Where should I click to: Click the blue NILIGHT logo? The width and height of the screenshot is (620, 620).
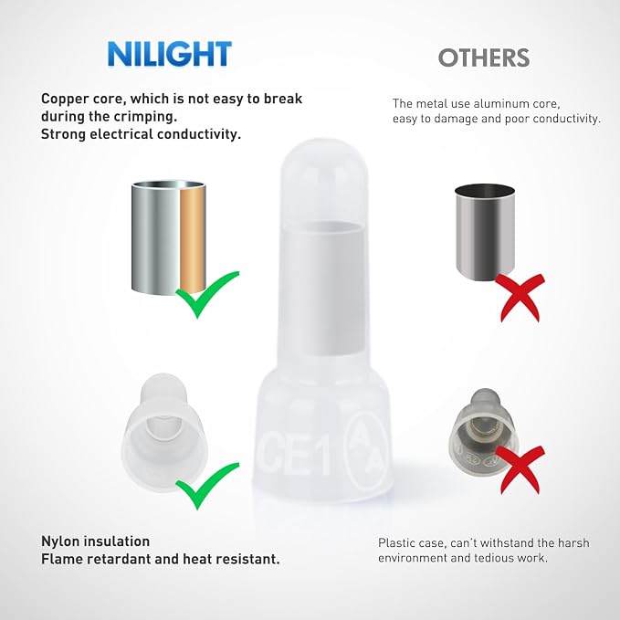coord(170,54)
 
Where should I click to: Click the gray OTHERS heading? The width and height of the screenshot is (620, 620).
coord(484,58)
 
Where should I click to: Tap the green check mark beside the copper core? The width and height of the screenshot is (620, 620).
coord(207,294)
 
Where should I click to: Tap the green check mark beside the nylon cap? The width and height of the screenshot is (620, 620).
coord(207,485)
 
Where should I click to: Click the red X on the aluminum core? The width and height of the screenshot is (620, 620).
coord(520,298)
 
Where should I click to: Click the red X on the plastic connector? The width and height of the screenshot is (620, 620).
coord(520,469)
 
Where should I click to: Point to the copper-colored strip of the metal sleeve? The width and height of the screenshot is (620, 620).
coord(193,239)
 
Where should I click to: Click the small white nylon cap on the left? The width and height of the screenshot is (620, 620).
coord(164,433)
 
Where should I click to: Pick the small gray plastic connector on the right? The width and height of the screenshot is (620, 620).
coord(483,432)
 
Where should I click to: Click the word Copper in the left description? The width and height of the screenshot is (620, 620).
coord(65,99)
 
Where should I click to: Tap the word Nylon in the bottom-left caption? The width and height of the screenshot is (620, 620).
coord(59,541)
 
